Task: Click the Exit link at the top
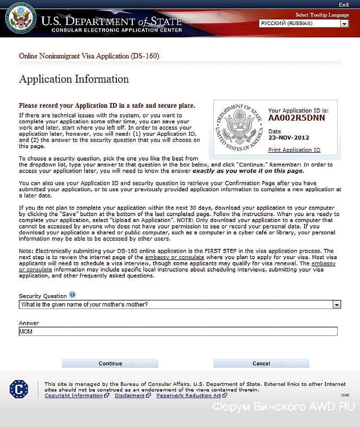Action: point(343,5)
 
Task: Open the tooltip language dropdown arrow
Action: point(344,23)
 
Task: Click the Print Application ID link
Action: point(294,150)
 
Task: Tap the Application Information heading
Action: point(74,80)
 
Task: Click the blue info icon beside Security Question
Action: point(73,295)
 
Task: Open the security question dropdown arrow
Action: point(336,304)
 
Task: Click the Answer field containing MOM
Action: point(178,331)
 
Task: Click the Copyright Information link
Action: point(74,396)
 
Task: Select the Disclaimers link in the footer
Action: point(129,396)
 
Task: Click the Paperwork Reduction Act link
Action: point(188,396)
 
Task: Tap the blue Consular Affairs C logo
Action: point(19,389)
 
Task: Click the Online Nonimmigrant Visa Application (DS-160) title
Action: point(89,56)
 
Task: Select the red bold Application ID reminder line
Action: point(107,106)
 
